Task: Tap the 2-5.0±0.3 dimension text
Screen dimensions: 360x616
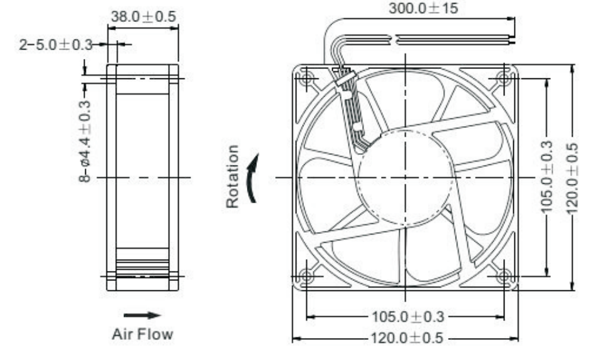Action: (x=55, y=45)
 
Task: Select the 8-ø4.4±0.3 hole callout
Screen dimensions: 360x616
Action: (x=85, y=142)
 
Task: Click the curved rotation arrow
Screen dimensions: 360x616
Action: (x=252, y=179)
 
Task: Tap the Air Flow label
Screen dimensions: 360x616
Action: (x=142, y=334)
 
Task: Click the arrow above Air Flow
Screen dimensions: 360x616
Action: (x=142, y=315)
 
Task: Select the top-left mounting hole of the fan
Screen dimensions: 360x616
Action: (x=306, y=78)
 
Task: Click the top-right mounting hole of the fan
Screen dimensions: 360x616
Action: (x=504, y=78)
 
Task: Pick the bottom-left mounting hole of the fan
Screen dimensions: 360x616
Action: (x=306, y=276)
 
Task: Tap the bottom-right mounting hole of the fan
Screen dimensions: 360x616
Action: (x=504, y=276)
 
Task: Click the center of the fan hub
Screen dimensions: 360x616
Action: (x=405, y=177)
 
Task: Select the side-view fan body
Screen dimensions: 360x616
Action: (x=142, y=177)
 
